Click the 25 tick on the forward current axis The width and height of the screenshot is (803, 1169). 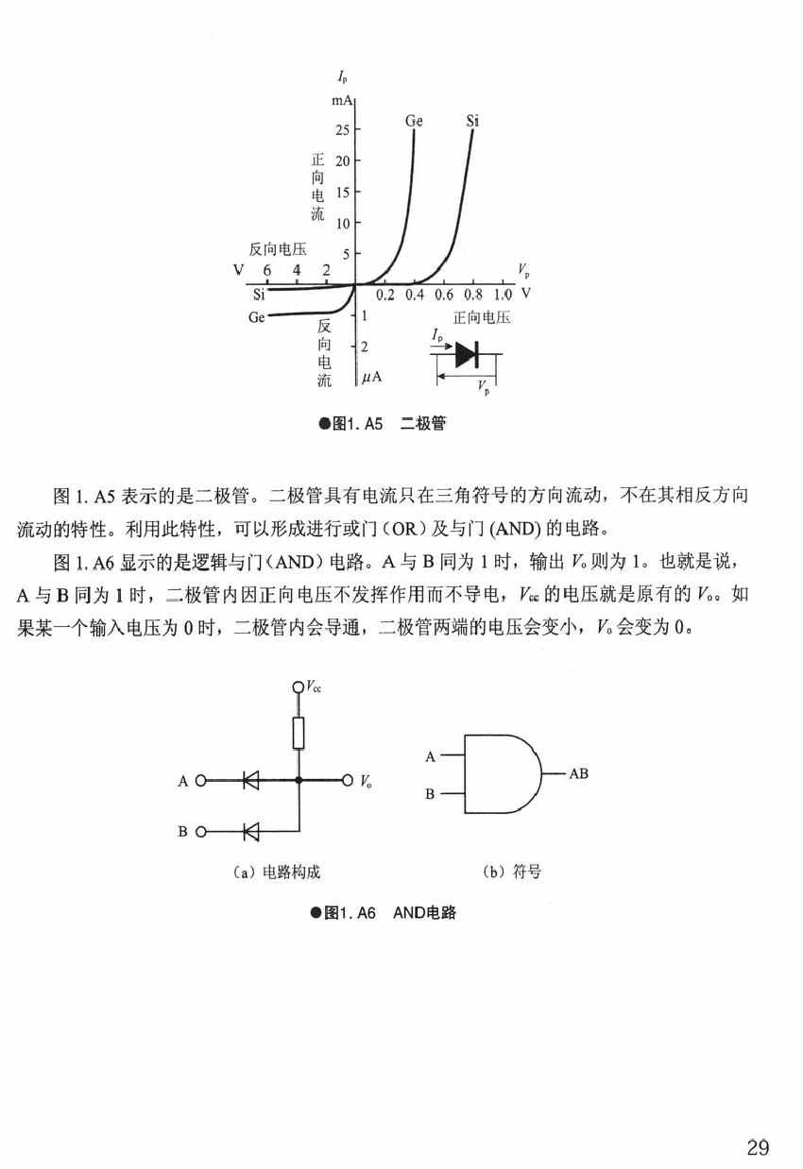tap(342, 129)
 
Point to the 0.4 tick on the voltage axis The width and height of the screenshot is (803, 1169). tap(415, 296)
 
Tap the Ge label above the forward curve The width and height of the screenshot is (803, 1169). tap(414, 121)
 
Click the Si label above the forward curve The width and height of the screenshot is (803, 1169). tap(472, 121)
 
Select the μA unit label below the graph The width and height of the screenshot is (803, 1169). tap(371, 377)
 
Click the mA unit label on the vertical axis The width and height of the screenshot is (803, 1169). tap(341, 100)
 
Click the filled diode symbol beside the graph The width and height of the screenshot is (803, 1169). tap(467, 354)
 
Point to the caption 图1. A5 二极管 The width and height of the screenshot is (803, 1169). tap(383, 424)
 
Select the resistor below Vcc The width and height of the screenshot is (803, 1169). tap(298, 733)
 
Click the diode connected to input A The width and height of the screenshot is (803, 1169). tap(251, 781)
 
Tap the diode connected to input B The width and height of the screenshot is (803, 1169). tap(251, 831)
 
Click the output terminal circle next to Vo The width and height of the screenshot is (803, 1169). tap(348, 781)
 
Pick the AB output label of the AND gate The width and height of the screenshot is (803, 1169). tap(578, 773)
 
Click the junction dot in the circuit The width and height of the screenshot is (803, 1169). tap(298, 781)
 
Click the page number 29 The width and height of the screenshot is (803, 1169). tap(758, 1147)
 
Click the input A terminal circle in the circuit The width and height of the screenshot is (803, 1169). tap(200, 781)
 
